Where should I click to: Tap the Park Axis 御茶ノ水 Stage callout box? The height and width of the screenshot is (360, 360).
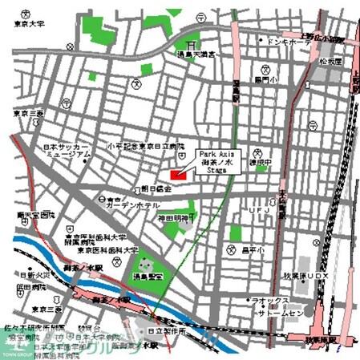click(x=217, y=160)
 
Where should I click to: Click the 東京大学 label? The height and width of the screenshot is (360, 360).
click(x=26, y=25)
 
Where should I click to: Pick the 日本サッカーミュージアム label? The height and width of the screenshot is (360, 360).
click(x=67, y=152)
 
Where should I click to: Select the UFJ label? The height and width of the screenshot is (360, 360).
click(x=257, y=210)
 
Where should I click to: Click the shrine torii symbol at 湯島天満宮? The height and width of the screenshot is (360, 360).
click(x=190, y=45)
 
